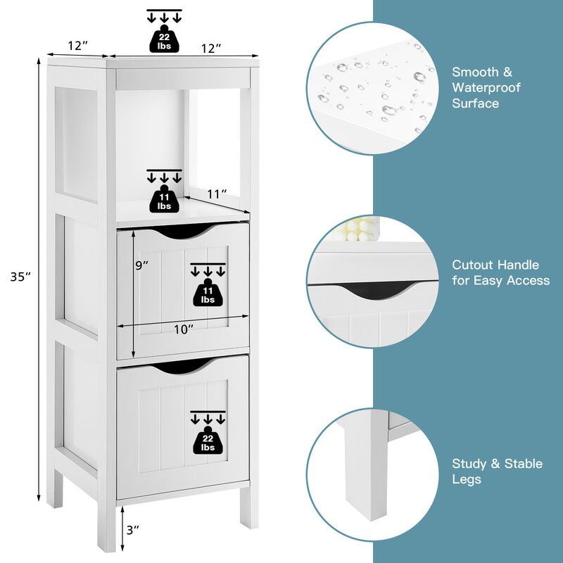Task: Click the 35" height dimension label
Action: [21, 277]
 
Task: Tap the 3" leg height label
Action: [132, 529]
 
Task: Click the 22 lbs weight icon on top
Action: [164, 39]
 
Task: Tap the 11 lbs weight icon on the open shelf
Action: [164, 201]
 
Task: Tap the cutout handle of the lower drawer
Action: [182, 366]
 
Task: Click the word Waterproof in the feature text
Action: [486, 87]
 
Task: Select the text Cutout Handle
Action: [495, 265]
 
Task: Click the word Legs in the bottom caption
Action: [467, 479]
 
